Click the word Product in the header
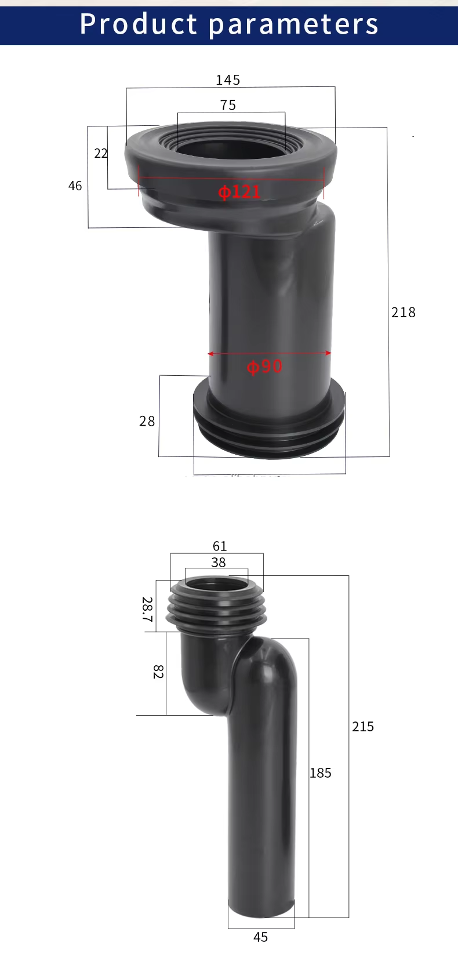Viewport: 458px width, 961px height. (x=139, y=24)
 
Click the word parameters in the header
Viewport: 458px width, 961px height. (x=293, y=25)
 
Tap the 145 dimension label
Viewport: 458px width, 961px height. (x=228, y=80)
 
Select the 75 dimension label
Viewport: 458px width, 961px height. (x=228, y=105)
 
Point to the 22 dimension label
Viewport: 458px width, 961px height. (x=101, y=153)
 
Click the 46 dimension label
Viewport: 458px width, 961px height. (x=75, y=186)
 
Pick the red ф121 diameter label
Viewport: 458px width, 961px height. (x=239, y=192)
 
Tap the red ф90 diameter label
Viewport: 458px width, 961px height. (x=264, y=367)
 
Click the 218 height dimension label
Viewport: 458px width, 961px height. (x=404, y=313)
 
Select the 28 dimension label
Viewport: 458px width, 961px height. (x=147, y=421)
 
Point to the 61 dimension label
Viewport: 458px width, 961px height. (x=220, y=546)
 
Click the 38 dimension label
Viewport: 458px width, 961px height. (x=219, y=562)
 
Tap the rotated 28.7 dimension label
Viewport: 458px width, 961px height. (x=147, y=610)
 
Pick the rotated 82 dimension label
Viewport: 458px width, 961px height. (x=158, y=672)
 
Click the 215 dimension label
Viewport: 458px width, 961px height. (x=363, y=727)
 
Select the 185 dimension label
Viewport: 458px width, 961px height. (x=321, y=773)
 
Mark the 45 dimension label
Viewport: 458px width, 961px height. (x=261, y=937)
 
